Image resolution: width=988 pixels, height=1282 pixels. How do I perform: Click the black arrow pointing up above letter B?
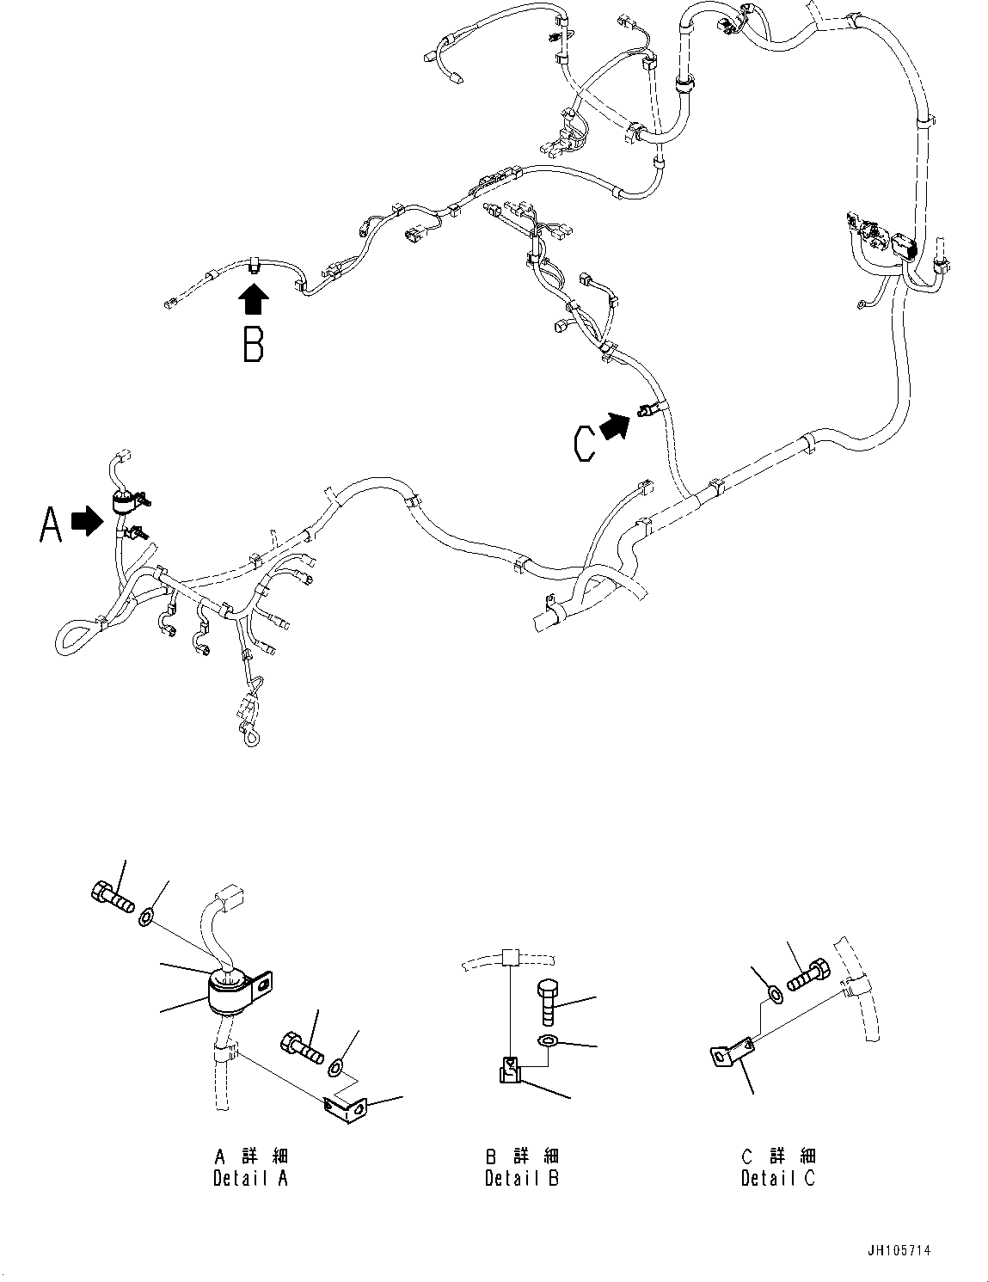(x=253, y=302)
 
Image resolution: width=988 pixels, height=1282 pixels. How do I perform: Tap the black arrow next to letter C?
(x=614, y=426)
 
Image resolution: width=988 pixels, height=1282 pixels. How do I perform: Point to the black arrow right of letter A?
(x=86, y=521)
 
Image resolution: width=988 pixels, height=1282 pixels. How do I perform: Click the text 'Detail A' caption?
(x=251, y=1178)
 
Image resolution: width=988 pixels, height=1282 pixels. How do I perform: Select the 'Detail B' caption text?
(x=522, y=1178)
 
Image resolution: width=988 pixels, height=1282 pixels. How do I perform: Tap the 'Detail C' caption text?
(x=778, y=1178)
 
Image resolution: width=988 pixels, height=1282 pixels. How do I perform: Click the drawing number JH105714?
(x=900, y=1251)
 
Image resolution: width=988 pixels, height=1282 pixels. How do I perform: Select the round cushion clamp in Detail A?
(x=232, y=992)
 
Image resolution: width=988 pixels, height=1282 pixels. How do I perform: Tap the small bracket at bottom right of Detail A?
(x=347, y=1109)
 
